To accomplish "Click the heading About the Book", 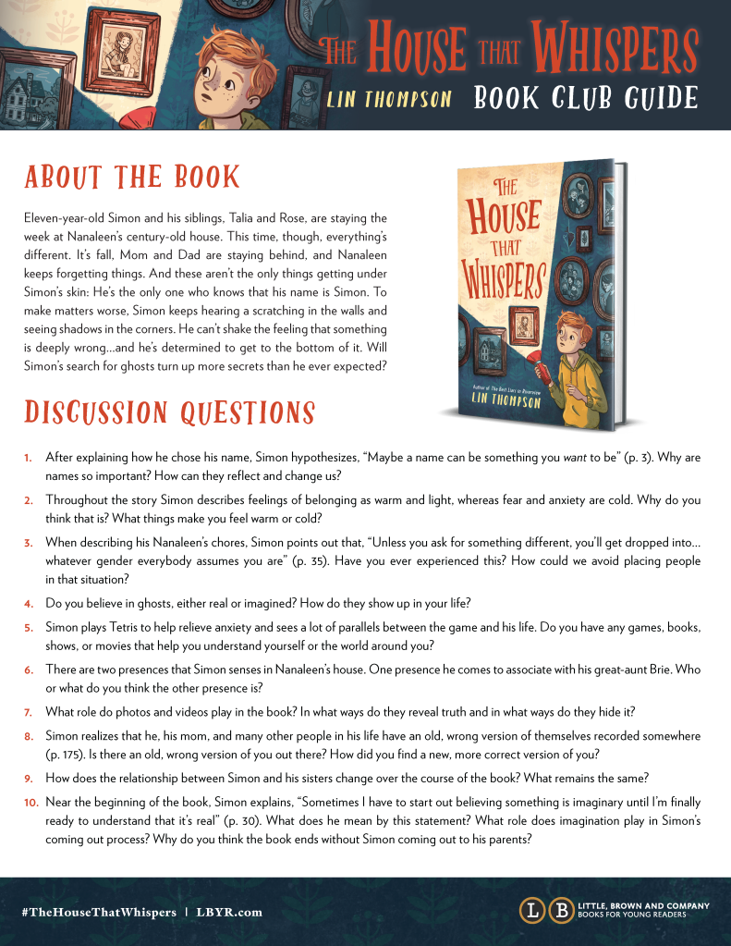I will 132,177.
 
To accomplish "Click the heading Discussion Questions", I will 169,412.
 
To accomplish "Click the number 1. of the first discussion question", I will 29,458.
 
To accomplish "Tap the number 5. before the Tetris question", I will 29,628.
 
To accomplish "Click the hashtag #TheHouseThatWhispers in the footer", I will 99,912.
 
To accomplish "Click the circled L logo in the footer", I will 531,911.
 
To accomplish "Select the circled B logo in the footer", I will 560,911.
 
